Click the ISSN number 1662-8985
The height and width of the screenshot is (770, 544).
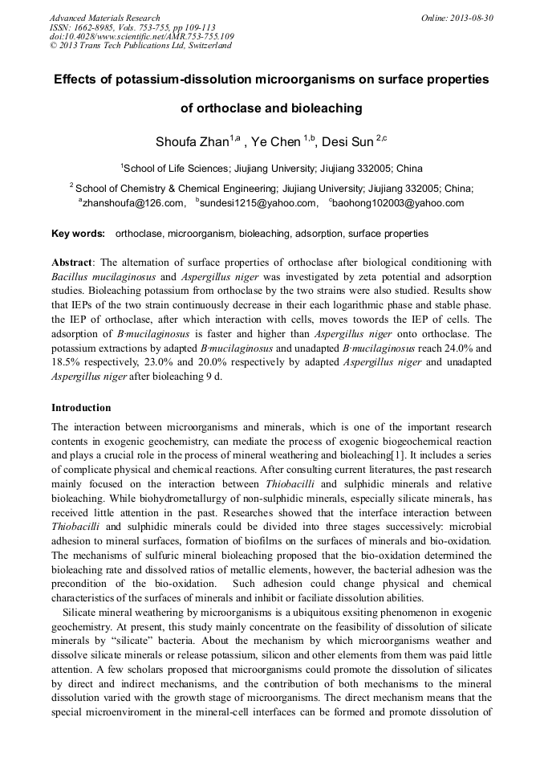pyautogui.click(x=86, y=27)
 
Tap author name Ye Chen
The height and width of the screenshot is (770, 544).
pyautogui.click(x=275, y=142)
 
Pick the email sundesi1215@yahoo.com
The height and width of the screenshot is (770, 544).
pyautogui.click(x=258, y=204)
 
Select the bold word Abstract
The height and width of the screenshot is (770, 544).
pyautogui.click(x=72, y=263)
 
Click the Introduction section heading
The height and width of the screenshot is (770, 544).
pyautogui.click(x=81, y=408)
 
